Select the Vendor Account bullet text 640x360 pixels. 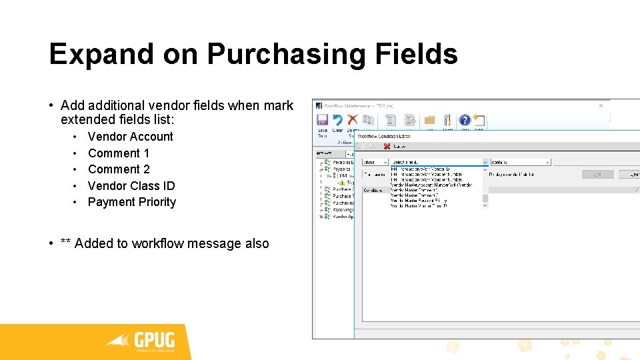pyautogui.click(x=130, y=137)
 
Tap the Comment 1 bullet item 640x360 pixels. pyautogui.click(x=119, y=153)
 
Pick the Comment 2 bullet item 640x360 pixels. pyautogui.click(x=119, y=169)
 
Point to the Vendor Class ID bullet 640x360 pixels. pyautogui.click(x=131, y=186)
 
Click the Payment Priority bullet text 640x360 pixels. pyautogui.click(x=132, y=202)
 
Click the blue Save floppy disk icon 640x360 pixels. pyautogui.click(x=322, y=120)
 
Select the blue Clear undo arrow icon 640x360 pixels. pyautogui.click(x=337, y=120)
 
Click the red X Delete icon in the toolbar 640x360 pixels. pyautogui.click(x=353, y=120)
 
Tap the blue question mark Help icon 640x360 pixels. pyautogui.click(x=465, y=120)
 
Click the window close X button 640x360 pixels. pyautogui.click(x=601, y=105)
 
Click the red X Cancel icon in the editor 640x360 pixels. pyautogui.click(x=387, y=146)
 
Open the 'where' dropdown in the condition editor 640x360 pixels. pyautogui.click(x=375, y=162)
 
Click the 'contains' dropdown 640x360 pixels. pyautogui.click(x=521, y=162)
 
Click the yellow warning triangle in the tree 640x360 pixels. pyautogui.click(x=341, y=181)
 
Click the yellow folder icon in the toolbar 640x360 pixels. pyautogui.click(x=429, y=120)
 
